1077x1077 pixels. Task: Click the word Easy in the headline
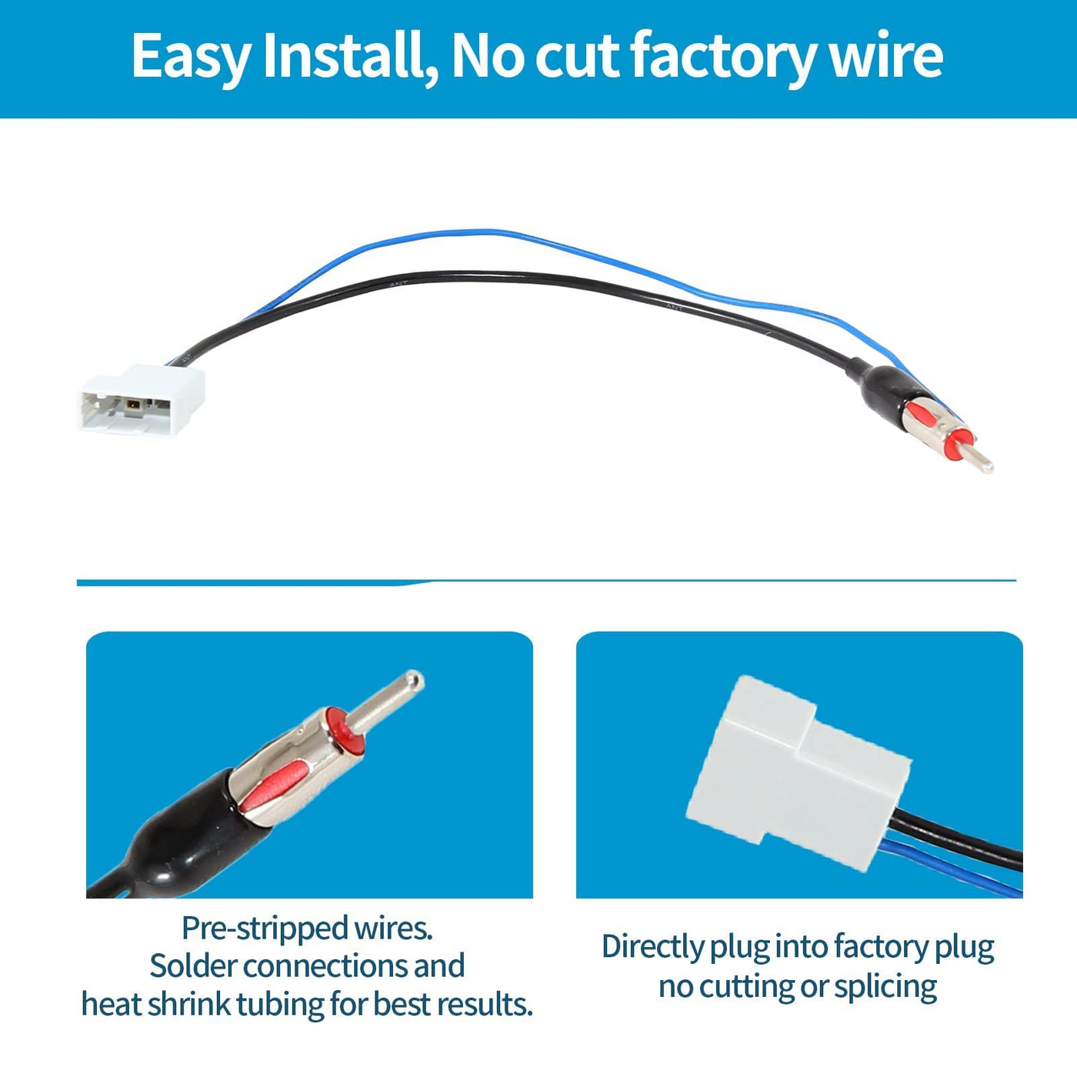pos(191,56)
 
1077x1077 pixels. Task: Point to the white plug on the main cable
pos(142,399)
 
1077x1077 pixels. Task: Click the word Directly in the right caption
pos(652,947)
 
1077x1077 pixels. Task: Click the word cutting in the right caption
pos(745,986)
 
